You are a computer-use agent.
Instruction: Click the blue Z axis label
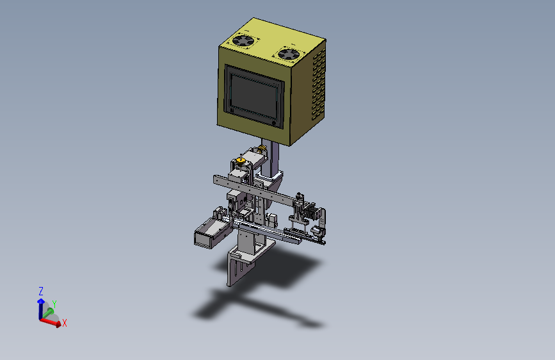click(41, 291)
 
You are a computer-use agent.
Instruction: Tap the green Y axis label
click(54, 304)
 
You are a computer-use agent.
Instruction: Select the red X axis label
click(65, 323)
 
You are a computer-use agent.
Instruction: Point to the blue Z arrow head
click(41, 301)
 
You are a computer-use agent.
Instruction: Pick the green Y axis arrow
click(48, 313)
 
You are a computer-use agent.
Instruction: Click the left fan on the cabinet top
click(243, 40)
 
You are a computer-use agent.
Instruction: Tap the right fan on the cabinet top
click(289, 54)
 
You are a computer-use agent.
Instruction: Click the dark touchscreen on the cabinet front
click(253, 96)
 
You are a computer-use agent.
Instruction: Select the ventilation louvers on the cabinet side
click(318, 85)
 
